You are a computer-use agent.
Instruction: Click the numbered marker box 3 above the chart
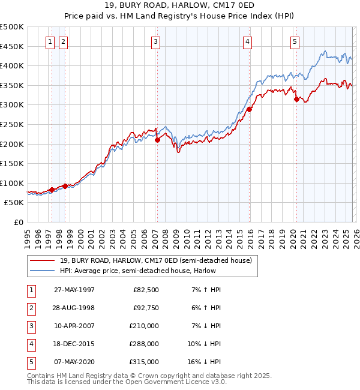(155, 41)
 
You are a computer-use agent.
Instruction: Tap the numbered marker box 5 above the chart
(295, 41)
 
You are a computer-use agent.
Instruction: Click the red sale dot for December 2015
(249, 109)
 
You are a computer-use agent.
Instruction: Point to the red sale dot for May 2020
(296, 99)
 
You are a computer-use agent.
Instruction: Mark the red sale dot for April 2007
(157, 140)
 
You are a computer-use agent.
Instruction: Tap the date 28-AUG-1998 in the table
(74, 308)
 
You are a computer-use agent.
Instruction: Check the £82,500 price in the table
(146, 290)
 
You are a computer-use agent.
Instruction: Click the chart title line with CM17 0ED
(180, 8)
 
